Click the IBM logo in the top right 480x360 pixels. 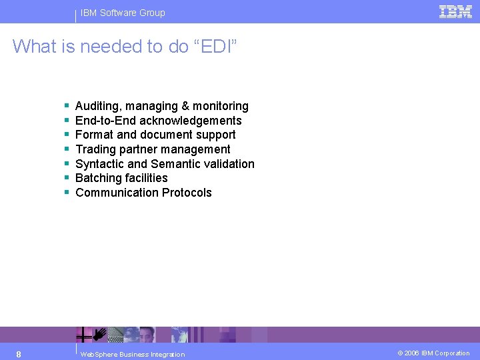click(456, 11)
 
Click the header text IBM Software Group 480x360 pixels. click(122, 13)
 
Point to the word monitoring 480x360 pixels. click(221, 106)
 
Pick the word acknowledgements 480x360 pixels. click(191, 121)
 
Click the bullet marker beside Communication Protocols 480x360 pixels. click(67, 193)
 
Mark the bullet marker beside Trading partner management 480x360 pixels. click(67, 149)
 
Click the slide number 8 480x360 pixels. click(19, 354)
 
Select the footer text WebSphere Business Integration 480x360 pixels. click(132, 354)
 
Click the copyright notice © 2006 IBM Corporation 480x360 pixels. click(433, 353)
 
